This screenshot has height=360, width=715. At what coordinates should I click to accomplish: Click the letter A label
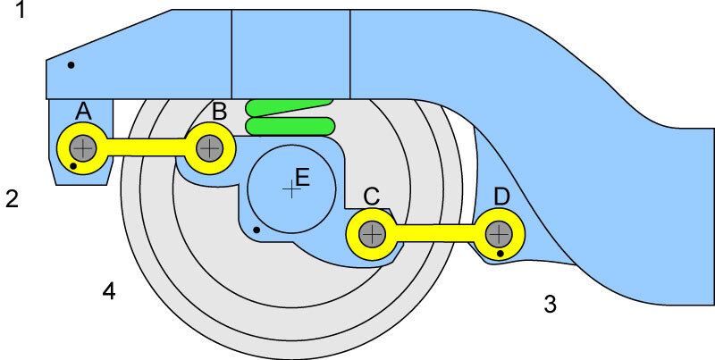[x=84, y=111]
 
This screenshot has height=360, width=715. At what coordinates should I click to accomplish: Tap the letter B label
[x=220, y=112]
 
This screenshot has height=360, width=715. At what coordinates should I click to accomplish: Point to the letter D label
[x=502, y=196]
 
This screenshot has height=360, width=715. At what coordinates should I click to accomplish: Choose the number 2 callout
[x=13, y=198]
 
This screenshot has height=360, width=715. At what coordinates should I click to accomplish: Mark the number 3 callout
[x=551, y=305]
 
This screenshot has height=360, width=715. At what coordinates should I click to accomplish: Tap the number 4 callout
[x=108, y=290]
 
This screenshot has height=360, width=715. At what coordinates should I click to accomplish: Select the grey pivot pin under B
[x=209, y=147]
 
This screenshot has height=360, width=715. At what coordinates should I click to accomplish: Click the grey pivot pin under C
[x=372, y=234]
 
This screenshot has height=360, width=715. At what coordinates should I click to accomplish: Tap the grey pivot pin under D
[x=499, y=234]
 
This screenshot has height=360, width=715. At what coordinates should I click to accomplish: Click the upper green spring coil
[x=290, y=108]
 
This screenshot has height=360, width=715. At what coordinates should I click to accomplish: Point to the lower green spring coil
[x=290, y=126]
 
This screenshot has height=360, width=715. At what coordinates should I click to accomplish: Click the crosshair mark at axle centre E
[x=289, y=188]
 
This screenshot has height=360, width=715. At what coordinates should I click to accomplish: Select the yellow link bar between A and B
[x=147, y=147]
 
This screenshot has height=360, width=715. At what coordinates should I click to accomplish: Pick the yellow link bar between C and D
[x=435, y=234]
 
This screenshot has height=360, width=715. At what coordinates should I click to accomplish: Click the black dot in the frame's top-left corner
[x=71, y=64]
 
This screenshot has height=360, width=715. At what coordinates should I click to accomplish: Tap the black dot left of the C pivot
[x=257, y=230]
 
